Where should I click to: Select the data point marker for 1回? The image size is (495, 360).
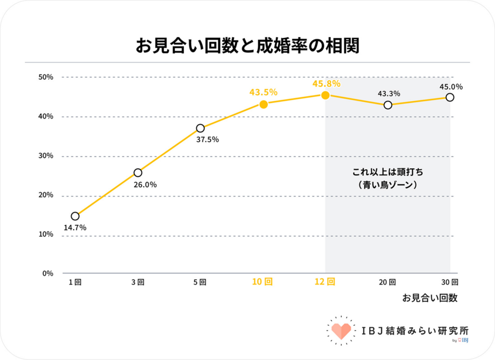pyautogui.click(x=75, y=216)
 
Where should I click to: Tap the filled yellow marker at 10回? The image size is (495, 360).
pyautogui.click(x=263, y=104)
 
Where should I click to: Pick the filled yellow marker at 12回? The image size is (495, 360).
pyautogui.click(x=325, y=95)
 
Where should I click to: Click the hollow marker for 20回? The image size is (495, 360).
pyautogui.click(x=388, y=105)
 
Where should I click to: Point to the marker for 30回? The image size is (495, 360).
pyautogui.click(x=450, y=97)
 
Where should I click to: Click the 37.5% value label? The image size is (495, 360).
pyautogui.click(x=207, y=140)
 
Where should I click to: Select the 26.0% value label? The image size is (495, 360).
pyautogui.click(x=145, y=184)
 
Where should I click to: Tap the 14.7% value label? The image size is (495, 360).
pyautogui.click(x=75, y=227)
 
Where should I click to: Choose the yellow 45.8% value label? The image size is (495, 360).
pyautogui.click(x=326, y=84)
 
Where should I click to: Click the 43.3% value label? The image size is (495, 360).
pyautogui.click(x=389, y=93)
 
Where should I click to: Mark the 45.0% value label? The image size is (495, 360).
pyautogui.click(x=451, y=87)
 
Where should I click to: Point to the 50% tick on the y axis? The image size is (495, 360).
pyautogui.click(x=46, y=77)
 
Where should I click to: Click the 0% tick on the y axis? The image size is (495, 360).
pyautogui.click(x=48, y=273)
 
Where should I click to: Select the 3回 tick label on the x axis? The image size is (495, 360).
pyautogui.click(x=137, y=282)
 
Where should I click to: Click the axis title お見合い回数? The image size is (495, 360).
pyautogui.click(x=430, y=298)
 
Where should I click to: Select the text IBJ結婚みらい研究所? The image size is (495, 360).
pyautogui.click(x=415, y=330)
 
